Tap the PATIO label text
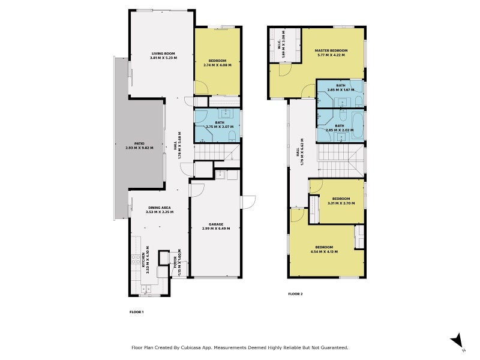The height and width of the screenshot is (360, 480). [139, 144]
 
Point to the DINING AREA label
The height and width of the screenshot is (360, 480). [159, 208]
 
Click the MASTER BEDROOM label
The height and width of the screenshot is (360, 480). [331, 50]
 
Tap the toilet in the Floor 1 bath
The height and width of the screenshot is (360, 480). [232, 137]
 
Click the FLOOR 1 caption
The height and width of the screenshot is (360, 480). [137, 312]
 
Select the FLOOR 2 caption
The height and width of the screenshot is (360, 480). [296, 294]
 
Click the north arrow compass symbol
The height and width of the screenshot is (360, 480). [458, 340]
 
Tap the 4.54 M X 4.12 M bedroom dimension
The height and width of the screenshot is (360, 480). [325, 251]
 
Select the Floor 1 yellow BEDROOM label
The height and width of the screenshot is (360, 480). [217, 61]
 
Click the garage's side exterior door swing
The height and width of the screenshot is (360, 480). [248, 202]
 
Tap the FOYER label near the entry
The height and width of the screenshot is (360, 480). [177, 262]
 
